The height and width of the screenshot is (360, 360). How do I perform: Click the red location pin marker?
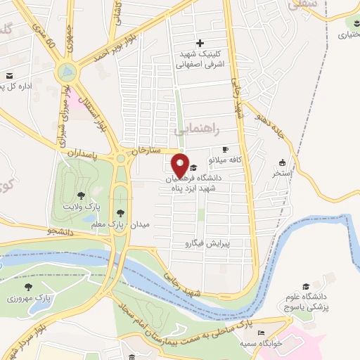pos(180,165)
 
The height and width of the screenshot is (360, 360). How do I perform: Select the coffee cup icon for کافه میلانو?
pos(225,149)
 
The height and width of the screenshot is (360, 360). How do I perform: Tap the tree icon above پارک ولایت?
pos(82,195)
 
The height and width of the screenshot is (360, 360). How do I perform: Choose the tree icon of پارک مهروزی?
pos(28,287)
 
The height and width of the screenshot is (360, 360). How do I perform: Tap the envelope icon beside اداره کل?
pos(9,76)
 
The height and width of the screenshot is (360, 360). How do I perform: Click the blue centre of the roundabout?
pos(67,71)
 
